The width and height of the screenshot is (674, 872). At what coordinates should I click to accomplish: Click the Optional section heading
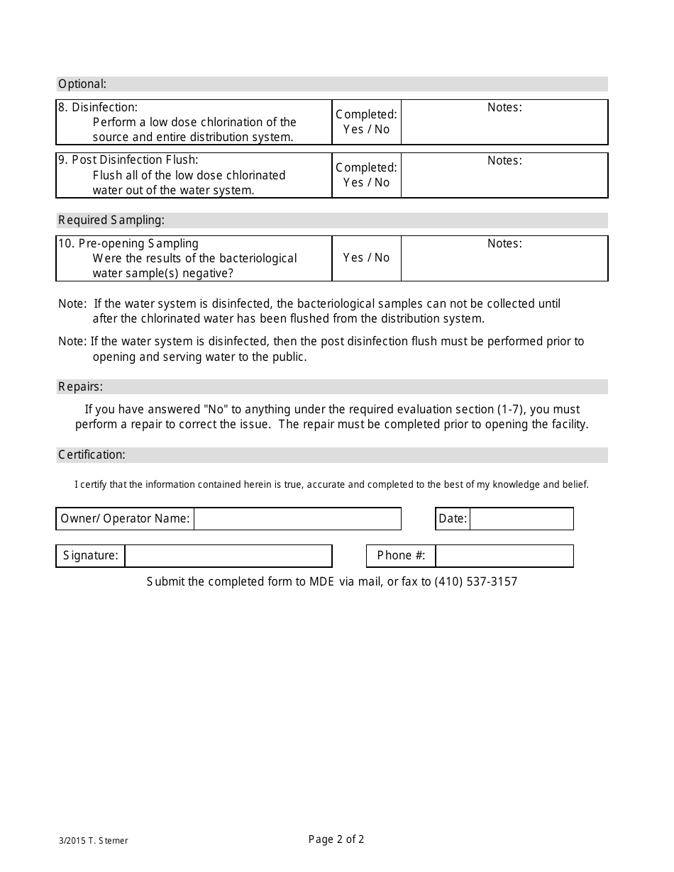coord(82,84)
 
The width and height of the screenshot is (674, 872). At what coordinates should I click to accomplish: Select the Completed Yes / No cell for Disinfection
coord(366,122)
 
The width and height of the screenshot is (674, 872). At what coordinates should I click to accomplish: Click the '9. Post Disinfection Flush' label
coord(128,160)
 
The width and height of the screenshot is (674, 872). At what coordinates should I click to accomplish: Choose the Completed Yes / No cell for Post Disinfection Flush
coord(366,175)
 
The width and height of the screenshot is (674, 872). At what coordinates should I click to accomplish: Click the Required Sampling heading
coord(111,220)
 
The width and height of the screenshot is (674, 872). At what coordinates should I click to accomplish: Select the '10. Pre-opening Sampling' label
coord(128,243)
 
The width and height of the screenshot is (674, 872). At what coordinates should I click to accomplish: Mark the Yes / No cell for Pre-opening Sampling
coord(366,258)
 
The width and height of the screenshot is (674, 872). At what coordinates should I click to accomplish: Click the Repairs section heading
coord(80,386)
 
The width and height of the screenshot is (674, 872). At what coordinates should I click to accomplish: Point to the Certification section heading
coord(92,454)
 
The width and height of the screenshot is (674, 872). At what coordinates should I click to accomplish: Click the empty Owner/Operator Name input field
coord(297,519)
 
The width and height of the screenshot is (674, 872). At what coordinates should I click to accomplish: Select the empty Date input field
coord(521,519)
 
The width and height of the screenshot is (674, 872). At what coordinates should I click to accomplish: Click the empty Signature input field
coord(228,556)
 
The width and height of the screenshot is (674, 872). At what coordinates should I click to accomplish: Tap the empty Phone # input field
coord(504,556)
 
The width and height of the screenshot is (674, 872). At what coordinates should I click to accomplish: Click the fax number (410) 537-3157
coord(476,582)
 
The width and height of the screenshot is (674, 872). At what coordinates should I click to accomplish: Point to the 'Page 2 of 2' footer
coord(336,840)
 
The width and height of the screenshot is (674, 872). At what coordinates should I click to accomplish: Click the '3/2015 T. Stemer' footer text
coord(94,841)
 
